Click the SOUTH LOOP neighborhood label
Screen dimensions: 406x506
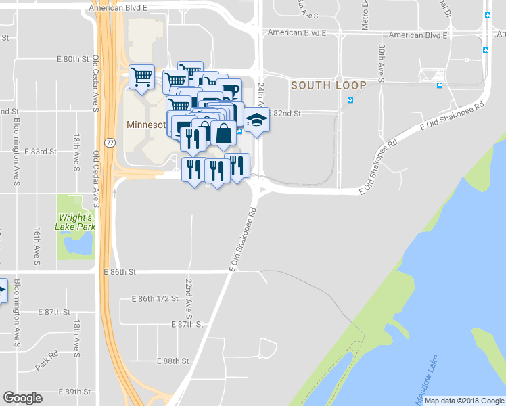coord(329,85)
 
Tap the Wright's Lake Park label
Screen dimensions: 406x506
coord(75,223)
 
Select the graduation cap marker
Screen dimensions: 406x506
coord(256,120)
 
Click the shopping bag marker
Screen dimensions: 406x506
coord(223,134)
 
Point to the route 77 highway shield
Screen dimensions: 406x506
coord(110,143)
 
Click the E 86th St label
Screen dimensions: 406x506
coord(120,271)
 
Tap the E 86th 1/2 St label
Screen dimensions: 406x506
coord(155,298)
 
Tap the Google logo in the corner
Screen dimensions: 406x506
coord(23,398)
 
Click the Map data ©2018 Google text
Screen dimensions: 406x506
coord(463,401)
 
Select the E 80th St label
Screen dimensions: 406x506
coord(72,59)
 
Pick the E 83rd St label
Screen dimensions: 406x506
coord(40,152)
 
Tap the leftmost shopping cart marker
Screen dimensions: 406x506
coord(141,77)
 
